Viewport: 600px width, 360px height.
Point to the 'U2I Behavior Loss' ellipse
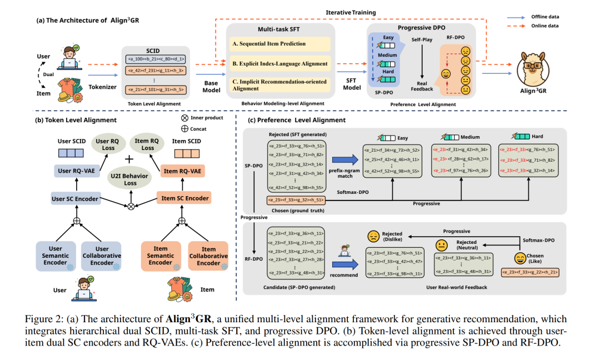[x=130, y=179]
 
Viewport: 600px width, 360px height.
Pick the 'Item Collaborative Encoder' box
[x=208, y=256]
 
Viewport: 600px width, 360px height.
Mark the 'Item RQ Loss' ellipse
[x=148, y=144]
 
